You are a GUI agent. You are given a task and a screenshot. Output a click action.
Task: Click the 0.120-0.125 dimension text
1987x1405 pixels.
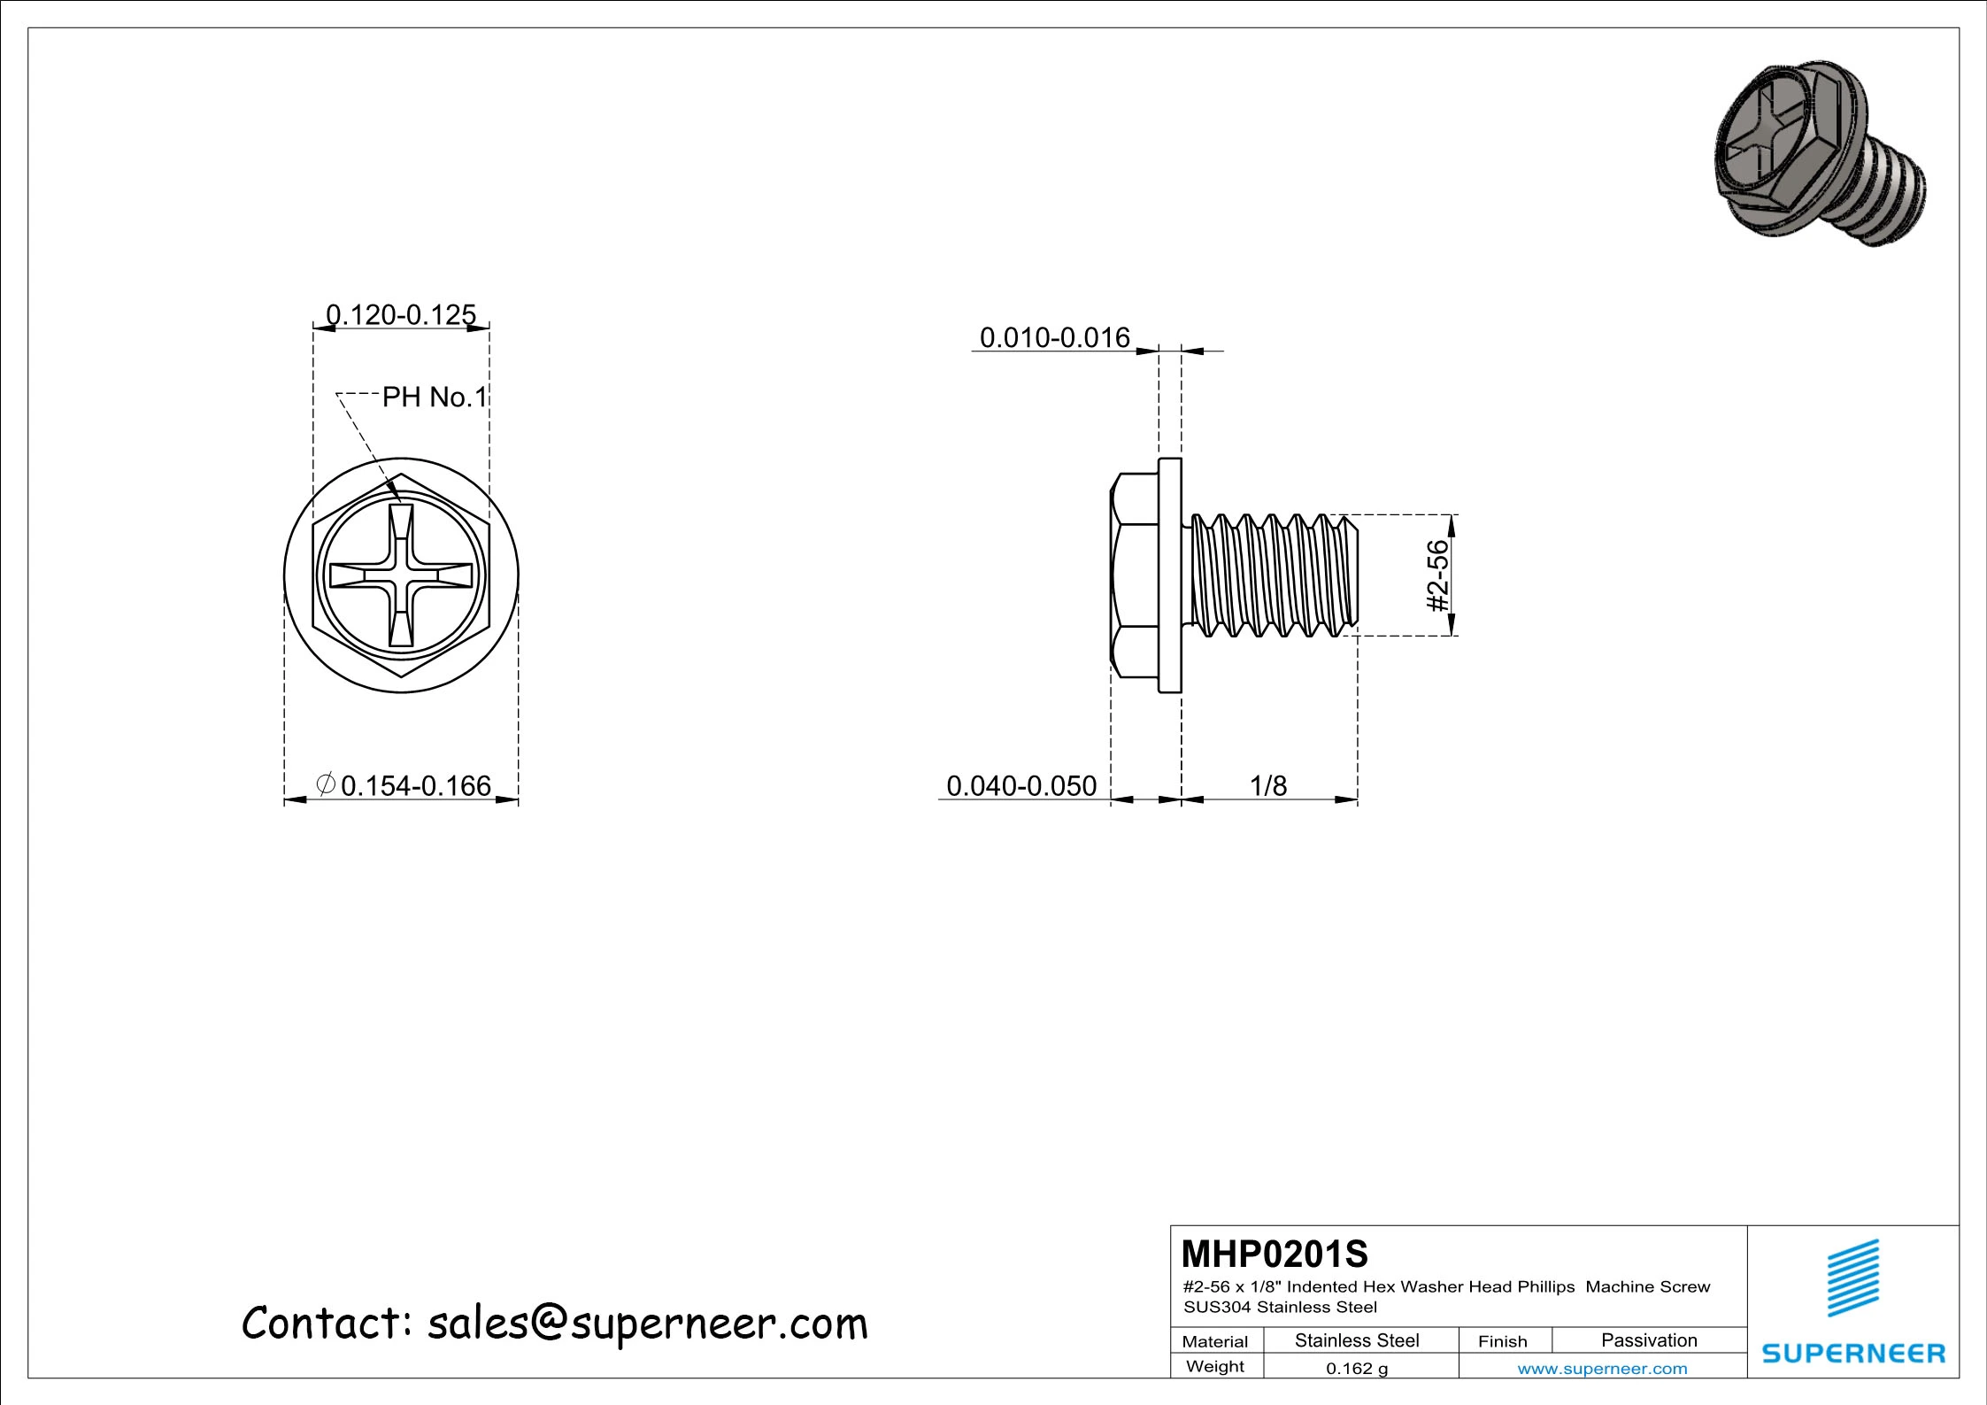click(x=401, y=315)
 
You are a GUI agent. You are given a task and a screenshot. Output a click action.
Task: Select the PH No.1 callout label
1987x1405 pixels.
click(x=435, y=398)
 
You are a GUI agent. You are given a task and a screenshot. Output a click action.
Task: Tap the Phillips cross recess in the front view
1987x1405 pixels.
click(x=401, y=575)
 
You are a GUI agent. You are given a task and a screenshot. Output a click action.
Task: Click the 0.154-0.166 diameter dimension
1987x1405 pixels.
click(x=414, y=785)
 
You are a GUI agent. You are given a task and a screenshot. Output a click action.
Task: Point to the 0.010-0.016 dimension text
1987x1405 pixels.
click(x=1054, y=337)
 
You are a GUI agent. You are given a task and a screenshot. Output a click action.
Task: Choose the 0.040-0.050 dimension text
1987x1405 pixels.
click(x=1021, y=785)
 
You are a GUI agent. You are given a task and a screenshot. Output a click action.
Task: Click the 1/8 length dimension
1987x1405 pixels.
click(x=1267, y=785)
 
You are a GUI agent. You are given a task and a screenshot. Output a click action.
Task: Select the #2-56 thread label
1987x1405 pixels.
click(x=1438, y=575)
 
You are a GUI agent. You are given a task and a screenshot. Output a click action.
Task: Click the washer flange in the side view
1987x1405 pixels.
click(x=1169, y=575)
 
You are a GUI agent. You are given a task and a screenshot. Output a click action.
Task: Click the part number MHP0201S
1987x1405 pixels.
click(x=1275, y=1254)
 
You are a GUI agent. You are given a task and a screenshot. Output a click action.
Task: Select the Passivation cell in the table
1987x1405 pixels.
click(x=1649, y=1340)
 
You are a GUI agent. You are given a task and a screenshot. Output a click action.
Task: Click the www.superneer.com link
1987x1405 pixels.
click(x=1602, y=1369)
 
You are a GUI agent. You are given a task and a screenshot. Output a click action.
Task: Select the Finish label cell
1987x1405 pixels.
click(x=1502, y=1341)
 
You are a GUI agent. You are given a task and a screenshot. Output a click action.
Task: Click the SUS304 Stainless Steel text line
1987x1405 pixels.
click(x=1280, y=1307)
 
